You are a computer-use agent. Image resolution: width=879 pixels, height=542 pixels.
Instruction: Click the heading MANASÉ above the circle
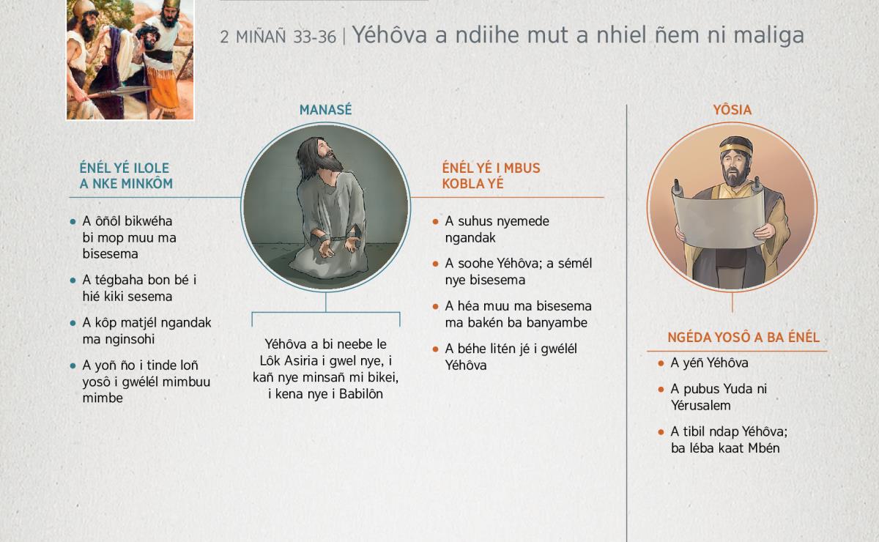click(x=325, y=110)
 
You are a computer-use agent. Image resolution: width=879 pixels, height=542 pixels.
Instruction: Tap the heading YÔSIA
click(x=732, y=110)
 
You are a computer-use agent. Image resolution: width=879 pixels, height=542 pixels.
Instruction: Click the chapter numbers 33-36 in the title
click(x=315, y=37)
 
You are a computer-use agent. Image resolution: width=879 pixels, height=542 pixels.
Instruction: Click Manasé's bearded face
click(x=327, y=155)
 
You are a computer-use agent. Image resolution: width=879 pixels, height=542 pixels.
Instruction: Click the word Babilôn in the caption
click(x=361, y=394)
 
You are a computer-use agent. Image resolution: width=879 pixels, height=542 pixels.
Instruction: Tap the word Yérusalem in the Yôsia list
click(x=700, y=406)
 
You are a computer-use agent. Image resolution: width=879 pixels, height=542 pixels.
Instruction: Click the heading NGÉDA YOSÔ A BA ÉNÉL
click(x=743, y=338)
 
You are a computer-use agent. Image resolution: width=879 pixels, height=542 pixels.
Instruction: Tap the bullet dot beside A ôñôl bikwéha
click(x=73, y=222)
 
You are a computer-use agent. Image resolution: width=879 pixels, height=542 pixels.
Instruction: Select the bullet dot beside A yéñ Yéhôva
click(x=661, y=363)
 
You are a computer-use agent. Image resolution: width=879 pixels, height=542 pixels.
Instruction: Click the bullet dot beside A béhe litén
click(x=435, y=349)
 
